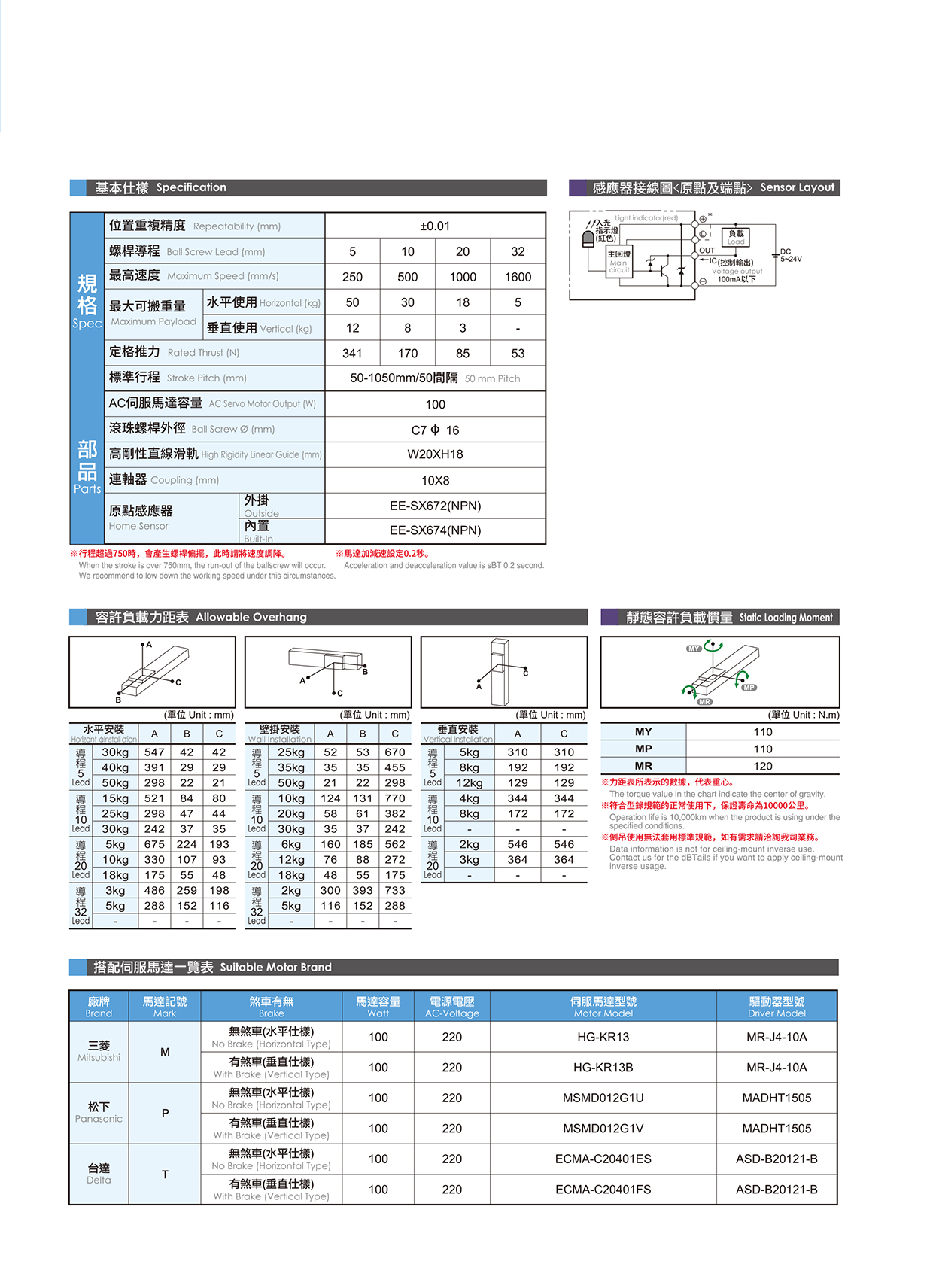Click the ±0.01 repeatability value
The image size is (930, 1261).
[x=435, y=226]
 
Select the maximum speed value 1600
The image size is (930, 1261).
[x=518, y=277]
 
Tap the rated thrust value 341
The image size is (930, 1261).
[x=352, y=354]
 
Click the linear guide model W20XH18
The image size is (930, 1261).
[x=435, y=454]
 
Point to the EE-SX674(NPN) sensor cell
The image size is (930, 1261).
[x=435, y=530]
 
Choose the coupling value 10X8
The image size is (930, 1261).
[x=435, y=481]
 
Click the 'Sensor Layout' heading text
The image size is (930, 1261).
[x=797, y=187]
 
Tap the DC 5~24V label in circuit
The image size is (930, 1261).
[x=790, y=256]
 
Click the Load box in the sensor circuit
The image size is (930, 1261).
[x=736, y=237]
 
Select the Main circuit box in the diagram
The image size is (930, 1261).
[x=618, y=260]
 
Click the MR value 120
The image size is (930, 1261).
[x=762, y=766]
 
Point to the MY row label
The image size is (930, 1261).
[x=643, y=732]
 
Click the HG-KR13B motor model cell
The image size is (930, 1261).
[x=603, y=1068]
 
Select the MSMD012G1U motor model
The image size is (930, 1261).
[x=603, y=1098]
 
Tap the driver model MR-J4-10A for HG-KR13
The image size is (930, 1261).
[x=777, y=1037]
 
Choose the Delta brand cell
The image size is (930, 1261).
[x=99, y=1174]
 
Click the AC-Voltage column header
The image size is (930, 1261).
[x=451, y=1007]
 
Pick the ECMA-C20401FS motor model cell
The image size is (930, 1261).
[x=603, y=1190]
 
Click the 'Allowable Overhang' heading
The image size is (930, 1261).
[x=251, y=617]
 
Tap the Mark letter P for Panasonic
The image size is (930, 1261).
[x=165, y=1114]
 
